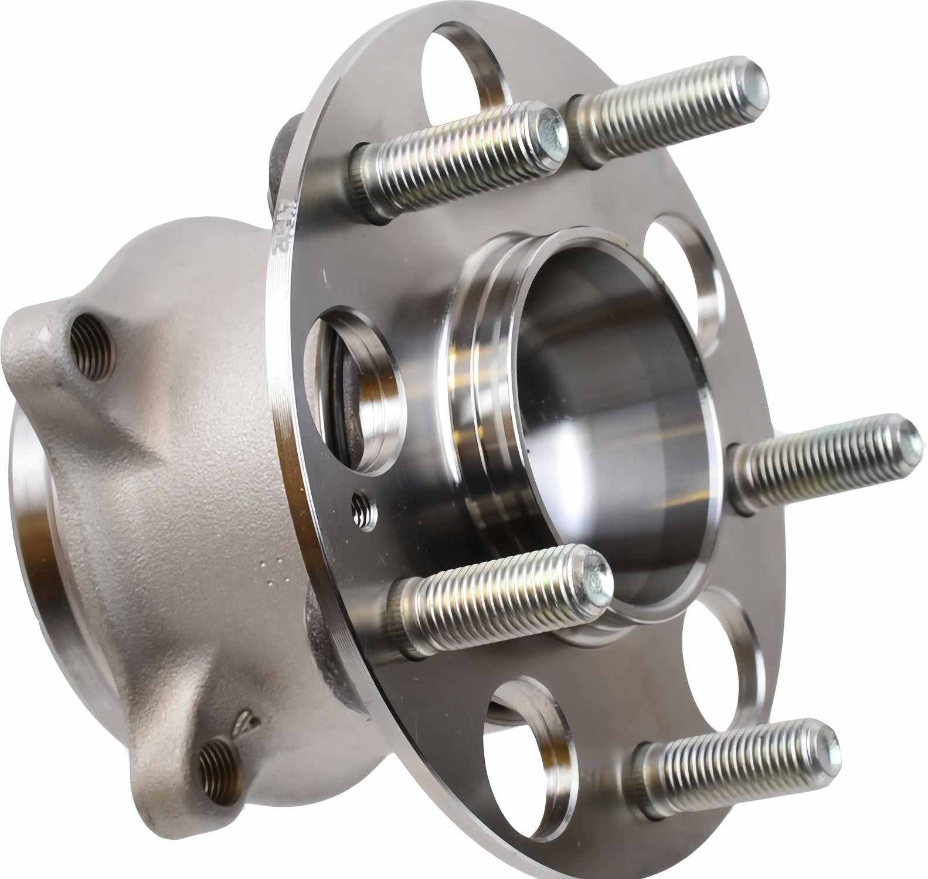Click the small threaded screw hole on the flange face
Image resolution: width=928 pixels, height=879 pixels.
[x=362, y=510]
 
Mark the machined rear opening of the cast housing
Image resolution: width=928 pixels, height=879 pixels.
[x=35, y=527]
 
